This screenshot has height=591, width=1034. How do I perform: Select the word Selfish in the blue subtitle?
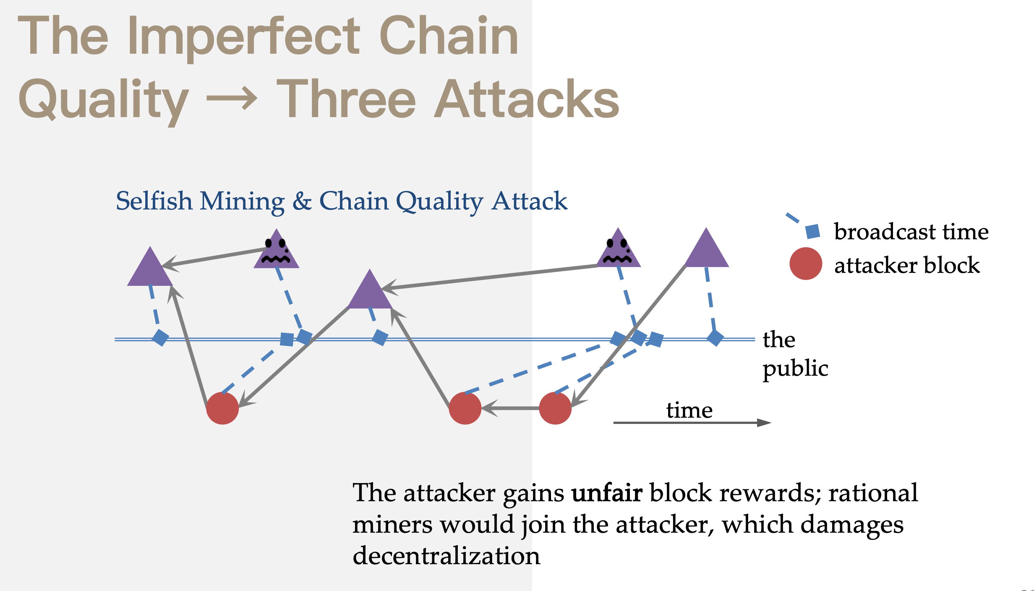point(154,201)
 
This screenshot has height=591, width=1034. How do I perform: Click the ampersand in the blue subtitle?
point(302,201)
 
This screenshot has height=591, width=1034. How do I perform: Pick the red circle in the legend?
point(805,264)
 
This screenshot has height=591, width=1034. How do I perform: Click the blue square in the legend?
point(813,231)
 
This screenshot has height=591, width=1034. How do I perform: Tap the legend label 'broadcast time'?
point(911,232)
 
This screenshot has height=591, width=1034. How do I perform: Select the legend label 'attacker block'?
point(907,265)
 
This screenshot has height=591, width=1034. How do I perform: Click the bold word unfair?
point(606,493)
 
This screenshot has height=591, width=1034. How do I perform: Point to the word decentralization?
point(446,556)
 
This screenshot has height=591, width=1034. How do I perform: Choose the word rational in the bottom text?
point(873,493)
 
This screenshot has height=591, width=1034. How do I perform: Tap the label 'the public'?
point(795,354)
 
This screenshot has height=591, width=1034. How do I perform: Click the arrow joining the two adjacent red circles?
point(510,408)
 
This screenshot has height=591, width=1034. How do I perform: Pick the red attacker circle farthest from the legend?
point(222,408)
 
